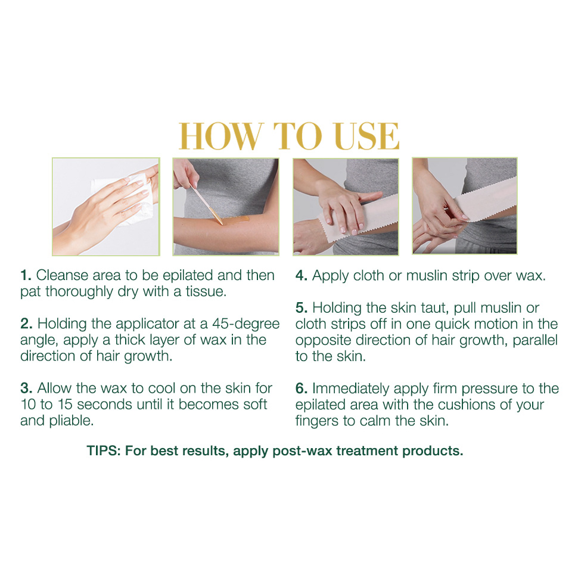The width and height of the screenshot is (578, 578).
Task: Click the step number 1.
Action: click(x=26, y=275)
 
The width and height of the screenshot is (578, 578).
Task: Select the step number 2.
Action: click(x=26, y=324)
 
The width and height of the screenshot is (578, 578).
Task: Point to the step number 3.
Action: click(x=26, y=388)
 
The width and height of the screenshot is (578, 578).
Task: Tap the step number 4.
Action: click(x=301, y=275)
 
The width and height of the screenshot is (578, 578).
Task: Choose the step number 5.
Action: click(x=301, y=307)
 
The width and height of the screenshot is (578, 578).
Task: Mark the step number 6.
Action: click(x=301, y=388)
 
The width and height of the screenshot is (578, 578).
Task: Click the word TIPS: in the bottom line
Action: click(x=104, y=450)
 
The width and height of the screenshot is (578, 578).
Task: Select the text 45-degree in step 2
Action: click(x=246, y=324)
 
